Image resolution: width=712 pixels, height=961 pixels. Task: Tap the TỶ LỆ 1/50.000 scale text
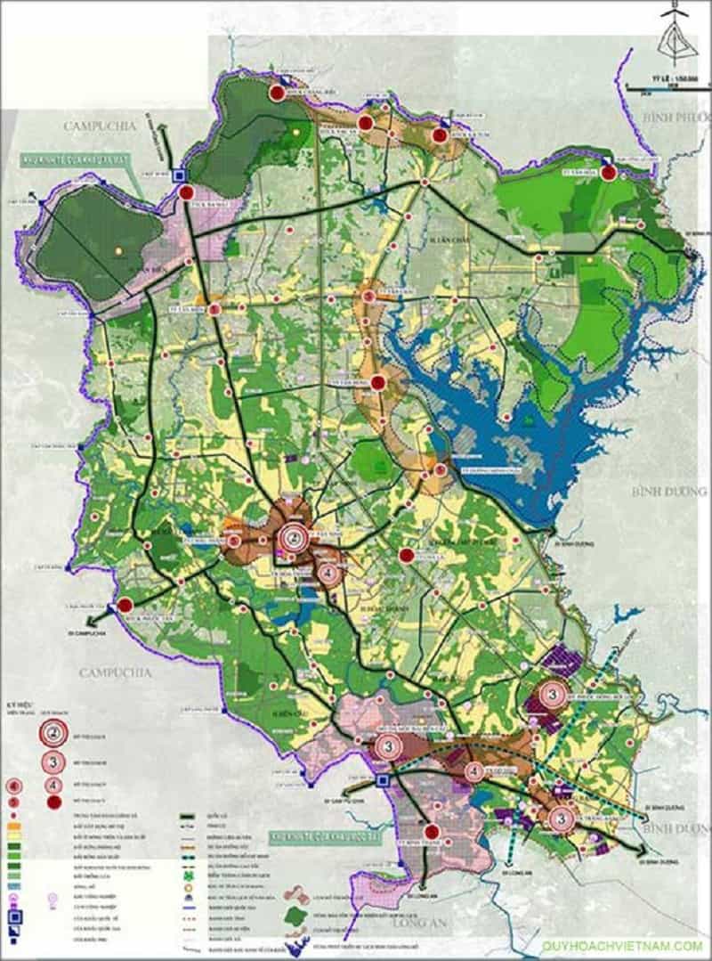tap(659, 78)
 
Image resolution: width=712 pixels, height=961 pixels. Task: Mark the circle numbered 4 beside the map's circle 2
tap(328, 574)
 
